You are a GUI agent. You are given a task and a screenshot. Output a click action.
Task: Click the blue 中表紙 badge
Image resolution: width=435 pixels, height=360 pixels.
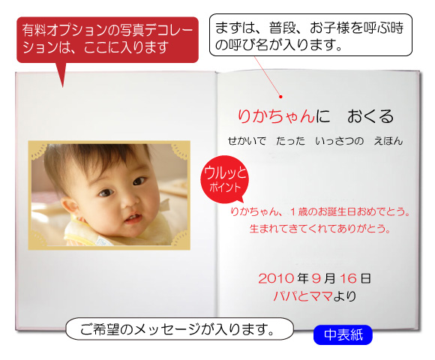click(x=343, y=334)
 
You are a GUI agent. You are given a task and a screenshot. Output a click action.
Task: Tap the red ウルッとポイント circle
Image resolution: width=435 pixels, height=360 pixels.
click(x=225, y=180)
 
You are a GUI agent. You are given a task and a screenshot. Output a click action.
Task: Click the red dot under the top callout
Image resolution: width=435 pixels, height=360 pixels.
click(x=280, y=97)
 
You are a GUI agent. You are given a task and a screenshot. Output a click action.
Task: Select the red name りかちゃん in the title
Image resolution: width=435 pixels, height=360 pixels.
click(x=276, y=116)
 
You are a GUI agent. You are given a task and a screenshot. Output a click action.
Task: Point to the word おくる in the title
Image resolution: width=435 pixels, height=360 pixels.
click(x=370, y=116)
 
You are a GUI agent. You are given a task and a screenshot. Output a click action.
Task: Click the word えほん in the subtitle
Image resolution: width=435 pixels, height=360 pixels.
click(x=388, y=141)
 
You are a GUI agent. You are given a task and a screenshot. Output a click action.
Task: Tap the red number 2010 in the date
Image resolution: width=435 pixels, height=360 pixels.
click(x=276, y=278)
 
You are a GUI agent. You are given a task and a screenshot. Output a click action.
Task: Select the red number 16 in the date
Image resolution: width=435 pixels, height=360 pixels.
click(x=348, y=278)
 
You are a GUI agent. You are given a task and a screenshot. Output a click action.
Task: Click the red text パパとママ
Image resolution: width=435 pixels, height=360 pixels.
click(x=303, y=296)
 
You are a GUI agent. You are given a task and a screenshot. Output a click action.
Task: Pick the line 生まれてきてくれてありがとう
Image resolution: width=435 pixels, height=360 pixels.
click(x=320, y=229)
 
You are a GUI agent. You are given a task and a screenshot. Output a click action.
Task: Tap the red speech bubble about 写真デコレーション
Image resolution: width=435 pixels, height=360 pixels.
click(x=108, y=40)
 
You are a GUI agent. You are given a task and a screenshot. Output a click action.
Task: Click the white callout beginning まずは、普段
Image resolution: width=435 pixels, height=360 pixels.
click(x=310, y=35)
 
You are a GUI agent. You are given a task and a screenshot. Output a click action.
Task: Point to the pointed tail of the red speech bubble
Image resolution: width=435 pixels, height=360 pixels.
click(x=63, y=87)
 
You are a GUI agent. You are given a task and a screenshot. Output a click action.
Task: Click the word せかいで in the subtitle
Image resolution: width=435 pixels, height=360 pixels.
click(x=247, y=141)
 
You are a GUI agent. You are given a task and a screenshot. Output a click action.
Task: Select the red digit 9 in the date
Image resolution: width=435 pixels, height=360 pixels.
click(x=316, y=278)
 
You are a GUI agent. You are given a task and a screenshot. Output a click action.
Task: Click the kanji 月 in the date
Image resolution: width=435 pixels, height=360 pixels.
click(x=329, y=278)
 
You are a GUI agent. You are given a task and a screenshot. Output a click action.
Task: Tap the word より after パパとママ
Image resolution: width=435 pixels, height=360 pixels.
click(x=344, y=296)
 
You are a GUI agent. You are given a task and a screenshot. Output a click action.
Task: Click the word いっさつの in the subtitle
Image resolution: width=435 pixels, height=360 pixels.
click(x=339, y=141)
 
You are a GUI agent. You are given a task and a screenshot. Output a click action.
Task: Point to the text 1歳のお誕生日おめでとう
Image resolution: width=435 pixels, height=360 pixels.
click(x=350, y=212)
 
